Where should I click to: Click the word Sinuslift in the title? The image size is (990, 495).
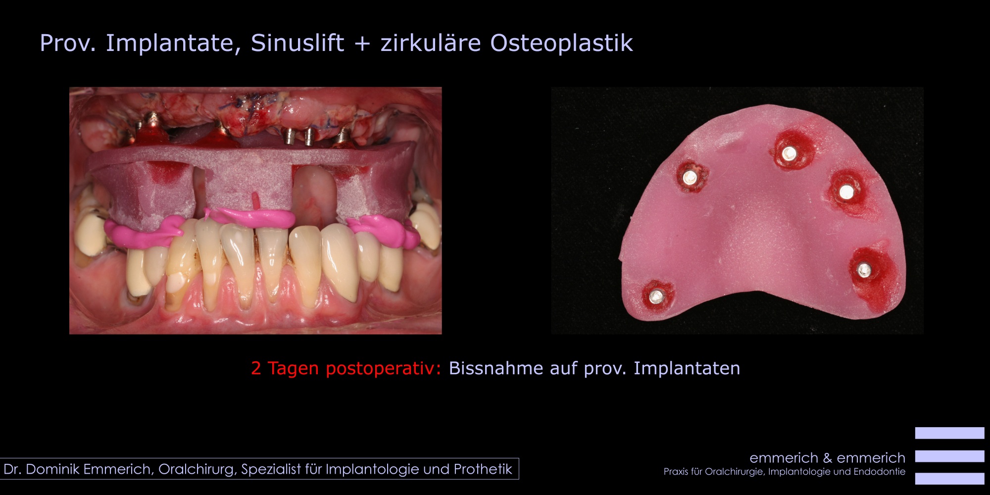[x=297, y=43]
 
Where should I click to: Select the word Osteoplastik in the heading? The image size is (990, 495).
[x=561, y=44]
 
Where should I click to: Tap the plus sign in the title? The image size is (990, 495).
[x=362, y=44]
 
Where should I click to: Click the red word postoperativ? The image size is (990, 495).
[x=379, y=369]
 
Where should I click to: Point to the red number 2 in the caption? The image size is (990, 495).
[x=256, y=368]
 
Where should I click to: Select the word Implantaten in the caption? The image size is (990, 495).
[x=687, y=369]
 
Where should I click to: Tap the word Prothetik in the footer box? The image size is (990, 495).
[x=483, y=469]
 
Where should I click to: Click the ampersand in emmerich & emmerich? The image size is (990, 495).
[x=827, y=458]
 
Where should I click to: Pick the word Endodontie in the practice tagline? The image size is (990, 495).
[x=879, y=472]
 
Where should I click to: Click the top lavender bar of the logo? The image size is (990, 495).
[x=949, y=433]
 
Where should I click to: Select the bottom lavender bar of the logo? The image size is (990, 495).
[x=949, y=479]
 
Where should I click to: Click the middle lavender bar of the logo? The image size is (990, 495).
[x=949, y=456]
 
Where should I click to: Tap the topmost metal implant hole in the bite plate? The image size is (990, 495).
[x=789, y=153]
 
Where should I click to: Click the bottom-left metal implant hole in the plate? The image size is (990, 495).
[x=656, y=296]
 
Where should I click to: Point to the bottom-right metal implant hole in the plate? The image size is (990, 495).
[x=864, y=270]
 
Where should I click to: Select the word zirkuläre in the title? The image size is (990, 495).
[x=431, y=43]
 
